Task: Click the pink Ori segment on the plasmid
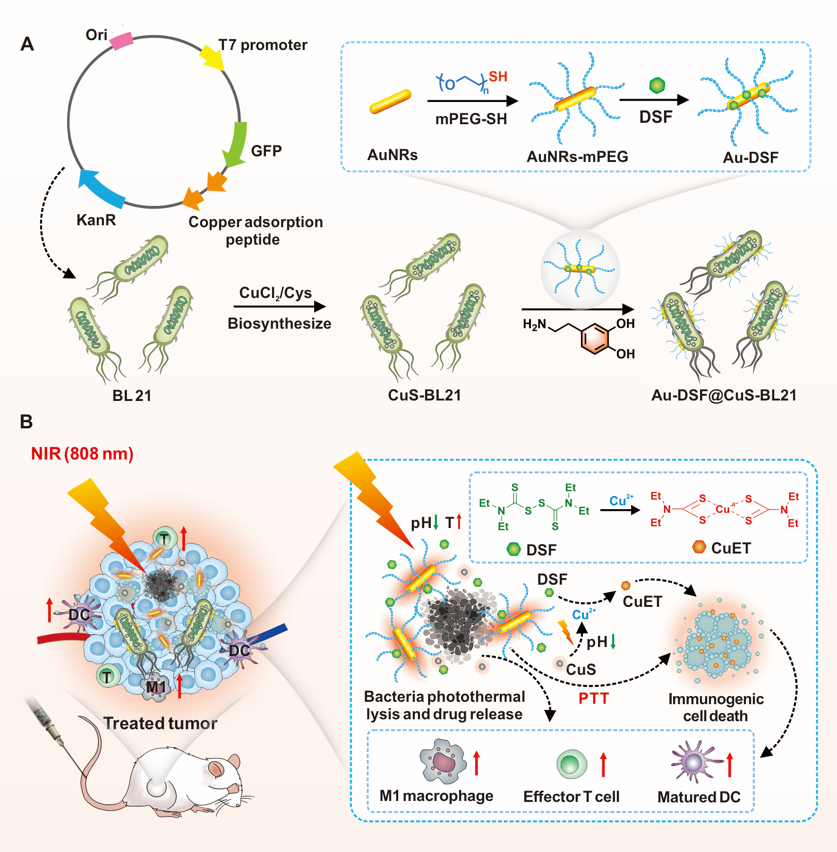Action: (x=121, y=41)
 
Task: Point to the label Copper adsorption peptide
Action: (x=255, y=230)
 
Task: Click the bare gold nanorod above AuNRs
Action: (x=390, y=102)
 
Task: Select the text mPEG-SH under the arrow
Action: (x=471, y=119)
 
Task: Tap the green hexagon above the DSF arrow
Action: (x=657, y=85)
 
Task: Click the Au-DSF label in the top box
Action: (x=751, y=157)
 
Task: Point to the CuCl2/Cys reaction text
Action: (x=275, y=293)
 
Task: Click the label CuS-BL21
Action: (x=424, y=395)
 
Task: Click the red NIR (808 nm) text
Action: (x=82, y=454)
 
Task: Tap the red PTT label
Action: (x=594, y=698)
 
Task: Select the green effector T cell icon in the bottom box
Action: (x=572, y=764)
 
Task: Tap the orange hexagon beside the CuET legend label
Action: (x=699, y=547)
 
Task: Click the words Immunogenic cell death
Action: (x=716, y=707)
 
